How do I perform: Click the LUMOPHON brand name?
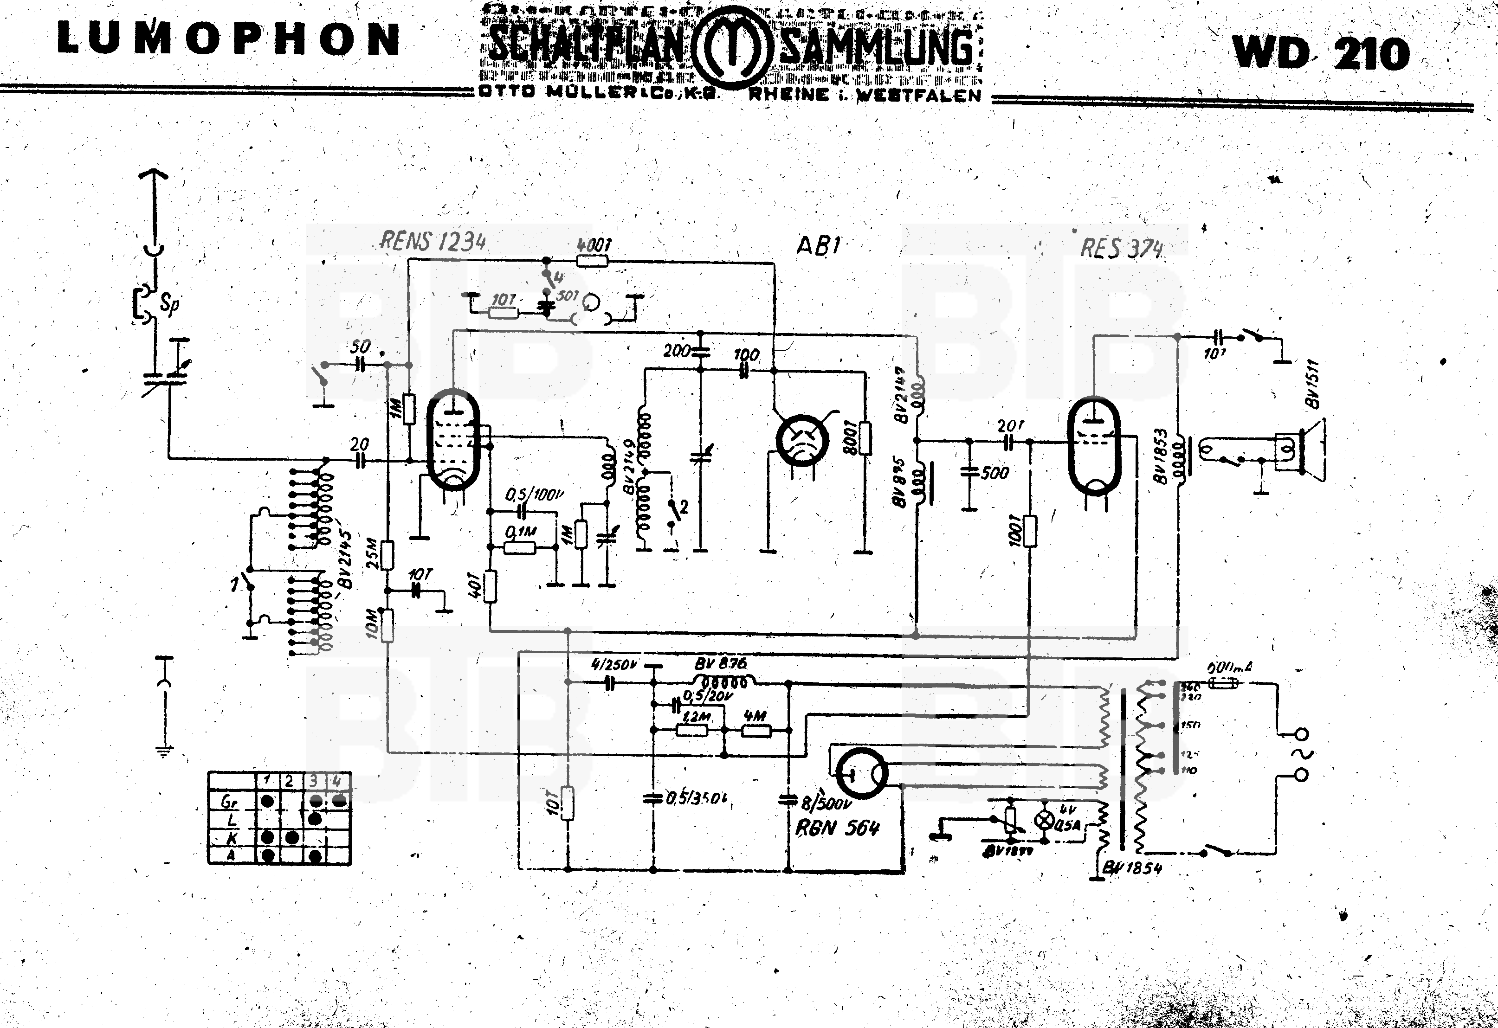pyautogui.click(x=229, y=40)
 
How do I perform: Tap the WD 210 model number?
pyautogui.click(x=1321, y=53)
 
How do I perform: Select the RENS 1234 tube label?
pyautogui.click(x=433, y=242)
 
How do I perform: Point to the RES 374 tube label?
pyautogui.click(x=1122, y=248)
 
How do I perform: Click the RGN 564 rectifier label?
pyautogui.click(x=839, y=828)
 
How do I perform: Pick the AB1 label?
pyautogui.click(x=818, y=245)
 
